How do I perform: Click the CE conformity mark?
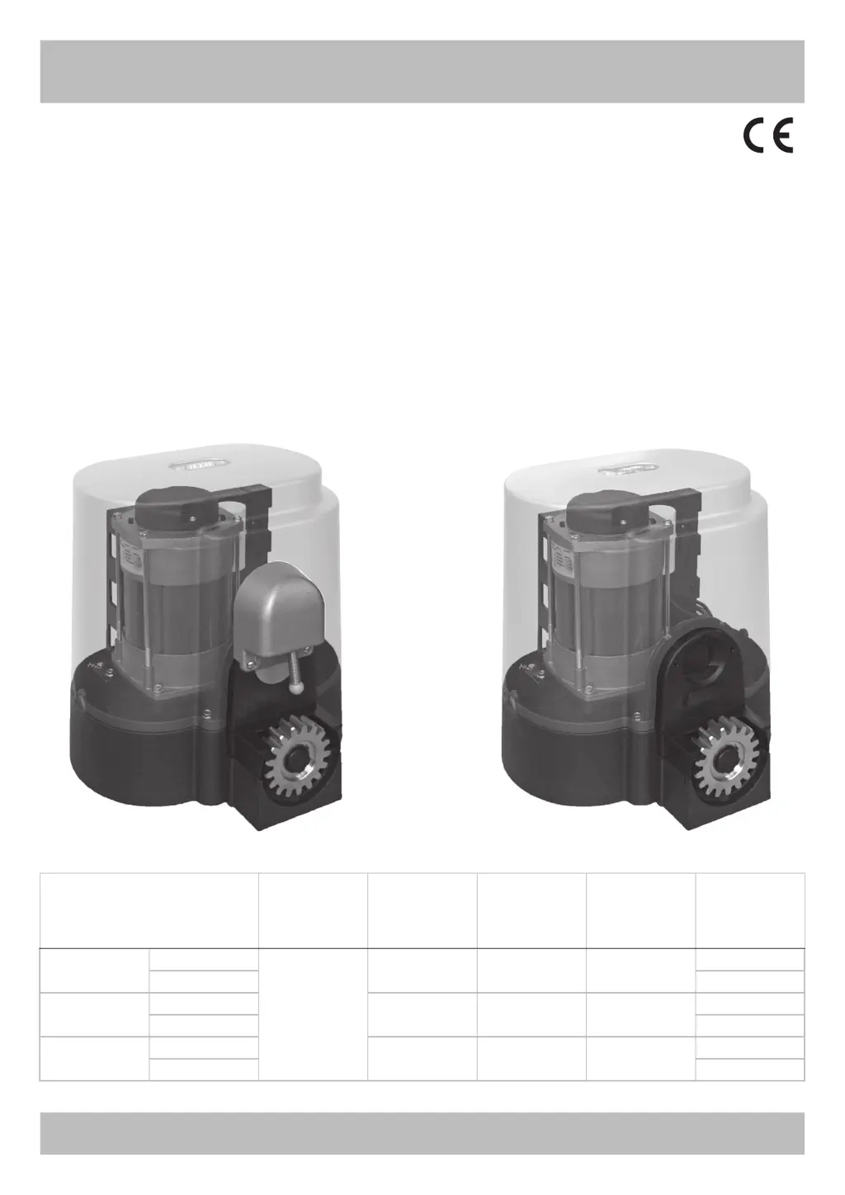(769, 135)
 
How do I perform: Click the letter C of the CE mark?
(755, 135)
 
